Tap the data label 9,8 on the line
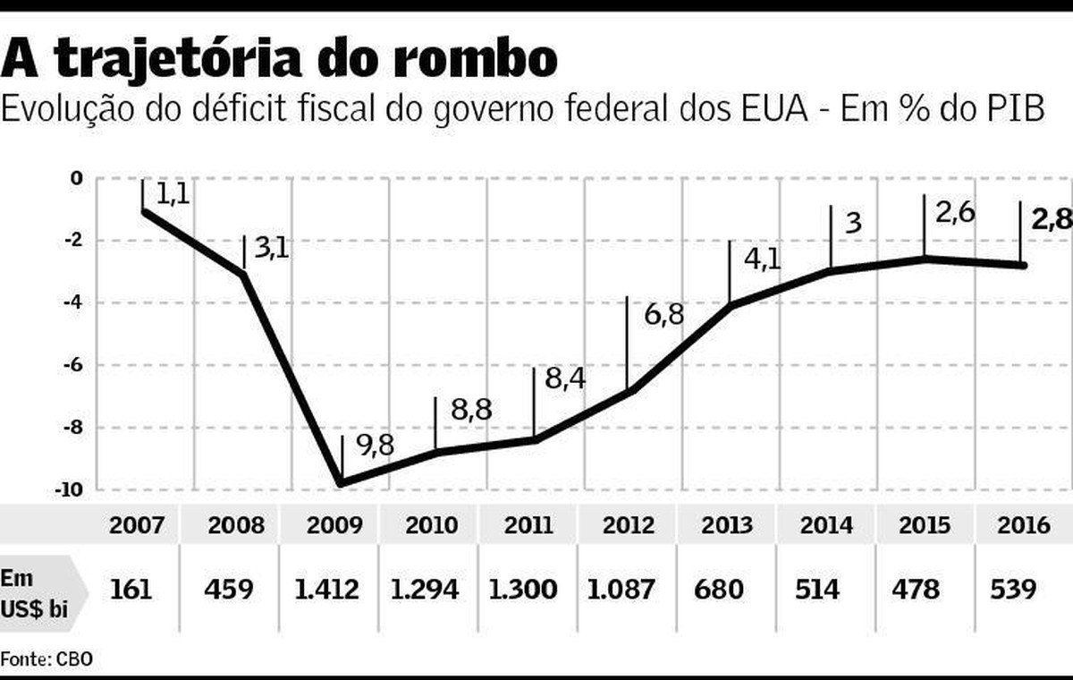click(375, 446)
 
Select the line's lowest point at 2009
click(341, 485)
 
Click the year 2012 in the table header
click(628, 524)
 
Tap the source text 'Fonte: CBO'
click(46, 659)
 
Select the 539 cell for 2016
click(1014, 590)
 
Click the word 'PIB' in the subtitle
click(1014, 111)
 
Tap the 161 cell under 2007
click(132, 590)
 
